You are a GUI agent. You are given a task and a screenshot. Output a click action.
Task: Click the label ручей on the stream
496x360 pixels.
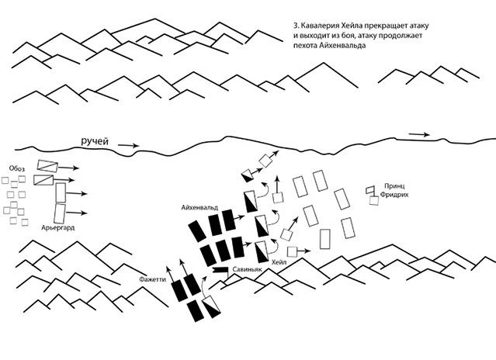click(95, 141)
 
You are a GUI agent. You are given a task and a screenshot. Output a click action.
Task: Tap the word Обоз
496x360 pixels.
click(17, 168)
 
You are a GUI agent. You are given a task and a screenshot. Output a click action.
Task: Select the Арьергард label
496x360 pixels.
click(58, 227)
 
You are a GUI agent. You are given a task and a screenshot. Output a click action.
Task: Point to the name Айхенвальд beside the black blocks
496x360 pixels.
click(199, 208)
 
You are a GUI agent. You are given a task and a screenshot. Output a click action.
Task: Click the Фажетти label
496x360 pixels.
click(152, 279)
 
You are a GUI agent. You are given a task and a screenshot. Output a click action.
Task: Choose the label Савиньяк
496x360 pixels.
click(247, 269)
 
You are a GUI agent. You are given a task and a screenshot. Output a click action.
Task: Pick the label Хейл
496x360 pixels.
click(279, 262)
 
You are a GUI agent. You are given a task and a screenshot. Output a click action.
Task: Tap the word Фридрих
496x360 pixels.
click(394, 195)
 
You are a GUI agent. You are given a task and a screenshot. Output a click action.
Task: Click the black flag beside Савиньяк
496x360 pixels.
click(220, 271)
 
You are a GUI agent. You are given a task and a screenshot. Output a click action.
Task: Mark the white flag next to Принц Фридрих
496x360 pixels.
click(370, 190)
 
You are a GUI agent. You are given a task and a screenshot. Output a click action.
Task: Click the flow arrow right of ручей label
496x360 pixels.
click(128, 145)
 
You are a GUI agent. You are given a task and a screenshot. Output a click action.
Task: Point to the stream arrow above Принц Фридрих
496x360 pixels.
click(419, 134)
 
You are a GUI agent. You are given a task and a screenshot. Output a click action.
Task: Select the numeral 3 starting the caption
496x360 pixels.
click(296, 26)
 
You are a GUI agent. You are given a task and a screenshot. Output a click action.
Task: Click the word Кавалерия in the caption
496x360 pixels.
click(319, 26)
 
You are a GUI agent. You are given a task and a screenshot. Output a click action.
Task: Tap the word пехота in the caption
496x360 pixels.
click(305, 46)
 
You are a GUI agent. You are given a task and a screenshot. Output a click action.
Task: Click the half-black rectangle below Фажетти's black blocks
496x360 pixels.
click(211, 306)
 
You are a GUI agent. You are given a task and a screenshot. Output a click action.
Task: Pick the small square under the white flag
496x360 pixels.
click(374, 201)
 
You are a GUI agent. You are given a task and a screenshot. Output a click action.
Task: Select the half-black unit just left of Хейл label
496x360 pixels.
click(262, 251)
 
